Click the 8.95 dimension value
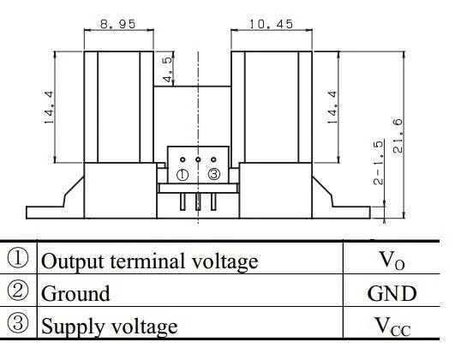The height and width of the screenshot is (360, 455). [x=117, y=24]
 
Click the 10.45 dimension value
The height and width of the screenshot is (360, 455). [x=272, y=24]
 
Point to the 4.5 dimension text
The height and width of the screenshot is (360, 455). [x=168, y=69]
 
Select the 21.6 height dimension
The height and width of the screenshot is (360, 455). [x=398, y=135]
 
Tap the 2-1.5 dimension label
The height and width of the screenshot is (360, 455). [x=378, y=163]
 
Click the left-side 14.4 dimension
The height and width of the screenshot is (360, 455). [x=49, y=107]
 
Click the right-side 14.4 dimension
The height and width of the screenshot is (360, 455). [x=332, y=107]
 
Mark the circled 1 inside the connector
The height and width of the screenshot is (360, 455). [x=183, y=175]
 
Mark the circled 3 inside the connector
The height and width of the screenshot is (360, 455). [x=214, y=174]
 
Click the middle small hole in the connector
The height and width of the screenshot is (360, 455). [x=198, y=159]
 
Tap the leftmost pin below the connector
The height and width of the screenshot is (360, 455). [x=183, y=201]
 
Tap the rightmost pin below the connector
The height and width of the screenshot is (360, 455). [x=213, y=201]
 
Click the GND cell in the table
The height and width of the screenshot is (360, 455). [x=392, y=293]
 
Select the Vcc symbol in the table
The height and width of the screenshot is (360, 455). [x=393, y=327]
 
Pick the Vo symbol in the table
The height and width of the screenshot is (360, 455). [x=392, y=261]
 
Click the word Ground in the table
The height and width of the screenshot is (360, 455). [x=75, y=293]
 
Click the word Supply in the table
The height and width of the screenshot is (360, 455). [x=73, y=327]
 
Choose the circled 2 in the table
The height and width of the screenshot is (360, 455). [x=18, y=291]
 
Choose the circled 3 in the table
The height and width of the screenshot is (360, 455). [x=18, y=323]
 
